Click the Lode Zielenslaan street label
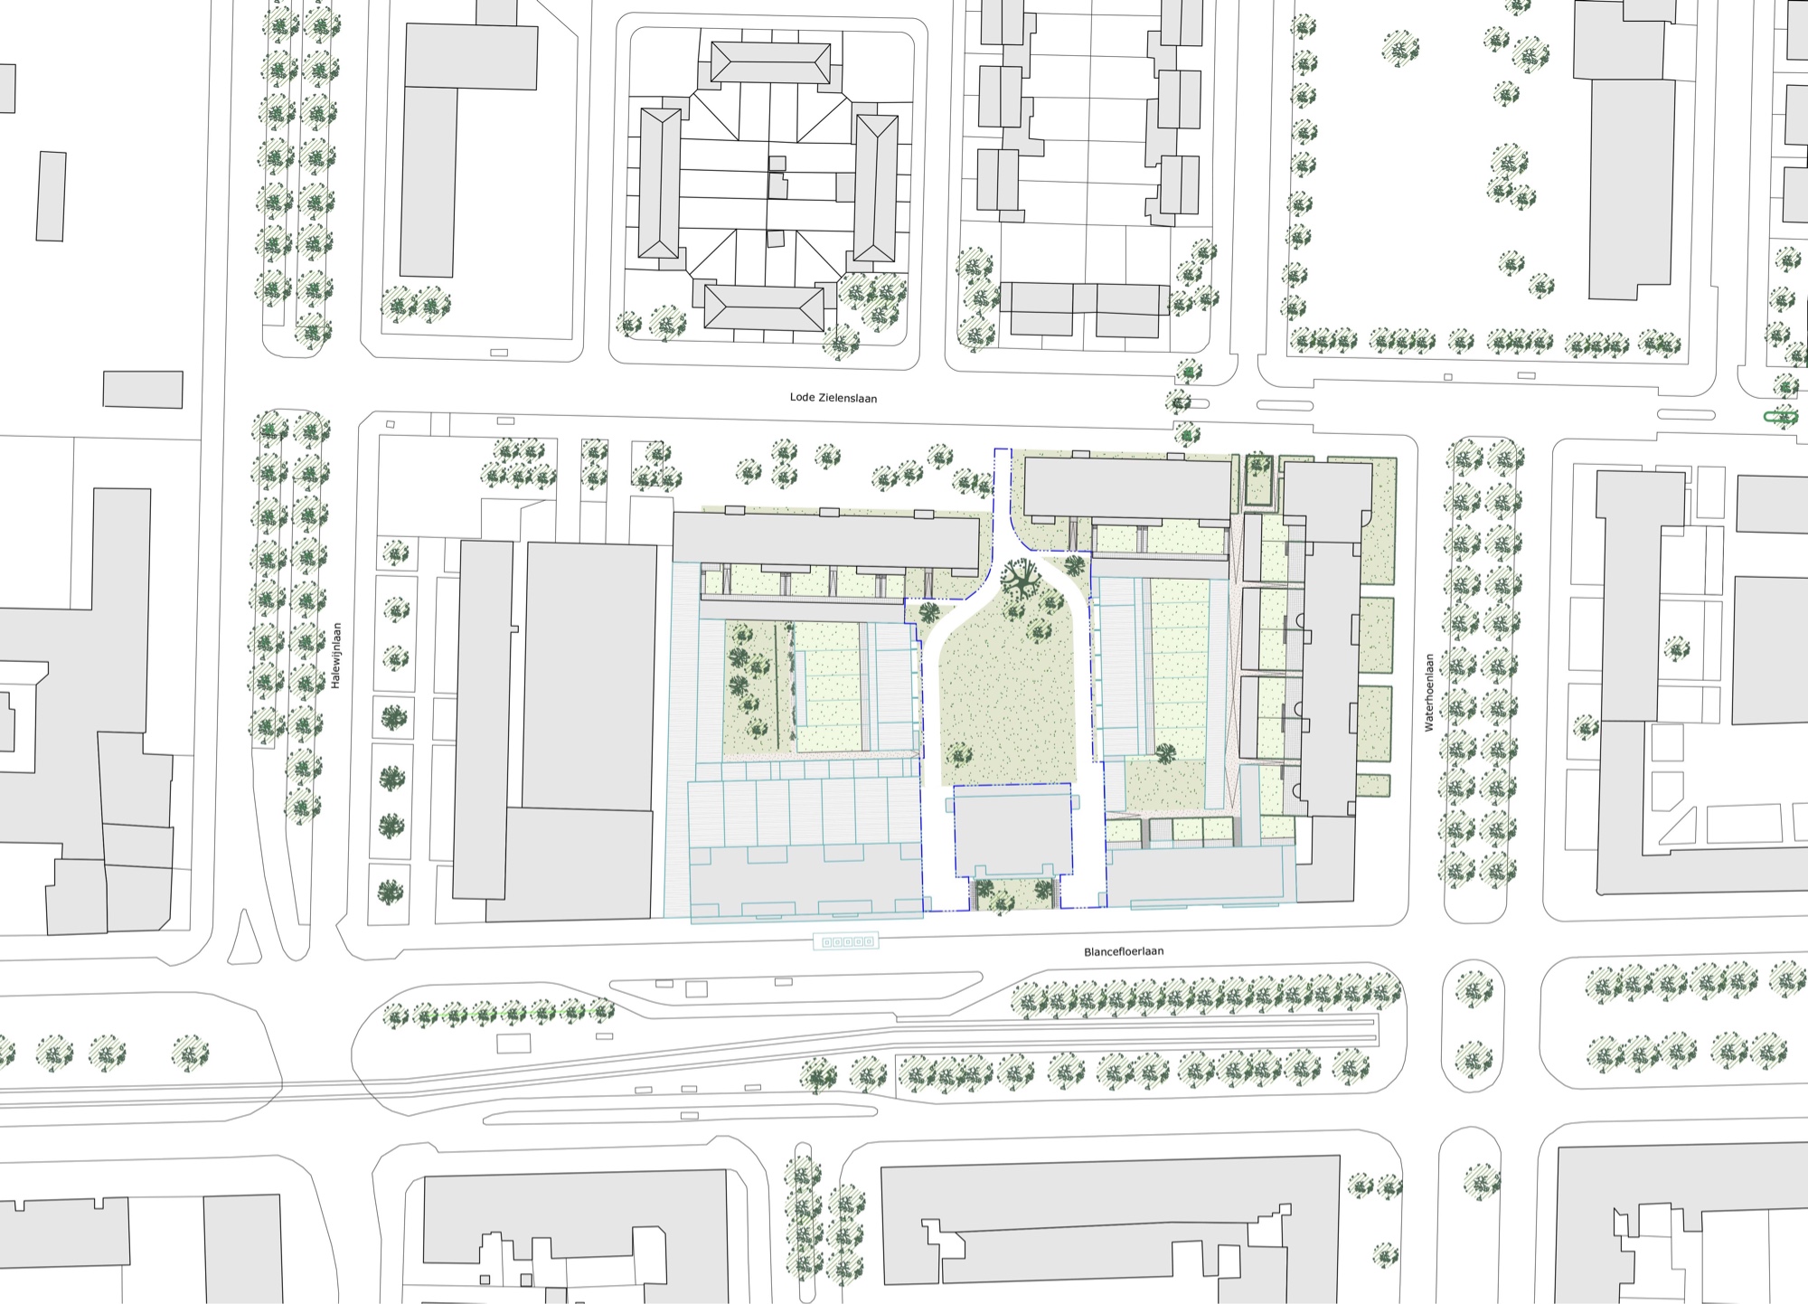point(833,398)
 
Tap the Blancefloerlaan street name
point(1124,951)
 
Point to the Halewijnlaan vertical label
point(335,656)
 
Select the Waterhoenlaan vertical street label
point(1429,693)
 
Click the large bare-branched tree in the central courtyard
point(1022,579)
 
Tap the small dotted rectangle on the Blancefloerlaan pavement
point(846,941)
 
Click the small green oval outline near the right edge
point(1782,417)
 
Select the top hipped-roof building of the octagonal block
point(770,64)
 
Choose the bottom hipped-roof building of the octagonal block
point(765,308)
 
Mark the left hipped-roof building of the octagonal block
point(660,184)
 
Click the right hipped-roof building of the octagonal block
point(875,188)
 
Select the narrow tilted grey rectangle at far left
point(52,196)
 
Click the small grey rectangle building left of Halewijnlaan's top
point(143,390)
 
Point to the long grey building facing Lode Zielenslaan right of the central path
point(1128,490)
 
